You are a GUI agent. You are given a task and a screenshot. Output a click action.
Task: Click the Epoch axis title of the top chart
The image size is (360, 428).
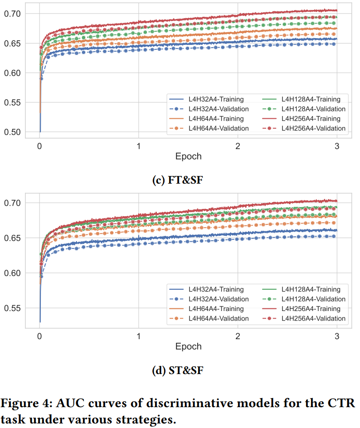point(188,156)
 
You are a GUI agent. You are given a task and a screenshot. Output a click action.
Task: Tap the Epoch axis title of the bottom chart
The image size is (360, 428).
point(188,346)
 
